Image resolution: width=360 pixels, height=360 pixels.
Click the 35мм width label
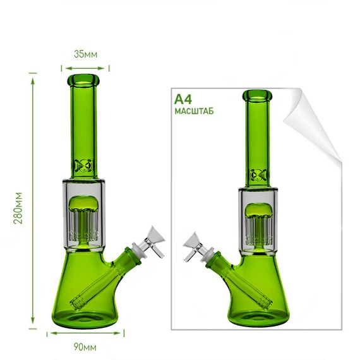point(86,54)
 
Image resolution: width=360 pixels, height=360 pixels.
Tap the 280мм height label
point(18,208)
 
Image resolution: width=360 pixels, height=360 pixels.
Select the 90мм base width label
point(85,347)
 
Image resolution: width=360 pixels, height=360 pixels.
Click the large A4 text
point(183,99)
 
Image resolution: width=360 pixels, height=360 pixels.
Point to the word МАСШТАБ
point(195,111)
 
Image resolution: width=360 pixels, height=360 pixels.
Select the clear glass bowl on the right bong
point(197,246)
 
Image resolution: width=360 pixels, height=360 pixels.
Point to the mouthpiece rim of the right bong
point(257,95)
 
